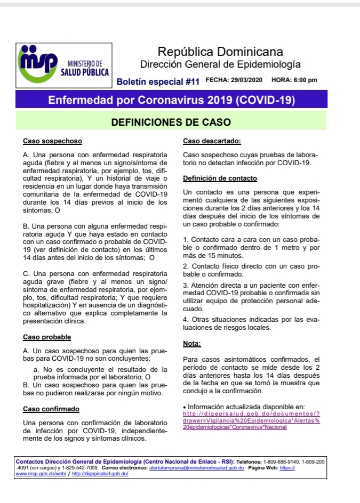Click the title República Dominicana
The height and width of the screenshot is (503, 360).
click(x=220, y=52)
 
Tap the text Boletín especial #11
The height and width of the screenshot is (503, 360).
click(x=158, y=82)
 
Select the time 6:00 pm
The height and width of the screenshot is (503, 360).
click(x=305, y=80)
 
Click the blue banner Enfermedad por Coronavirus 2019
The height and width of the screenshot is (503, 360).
click(x=171, y=100)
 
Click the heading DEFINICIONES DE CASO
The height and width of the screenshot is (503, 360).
click(x=171, y=122)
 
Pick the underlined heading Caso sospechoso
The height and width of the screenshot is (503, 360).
click(x=52, y=142)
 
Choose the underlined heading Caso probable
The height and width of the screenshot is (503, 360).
click(x=47, y=337)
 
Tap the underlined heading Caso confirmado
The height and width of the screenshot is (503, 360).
click(x=51, y=409)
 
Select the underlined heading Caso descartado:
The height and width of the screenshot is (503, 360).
click(x=212, y=142)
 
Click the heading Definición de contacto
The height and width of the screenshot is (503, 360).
click(x=220, y=178)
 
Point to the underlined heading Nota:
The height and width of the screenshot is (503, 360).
click(x=191, y=344)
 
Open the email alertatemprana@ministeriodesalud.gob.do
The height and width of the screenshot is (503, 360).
click(x=197, y=467)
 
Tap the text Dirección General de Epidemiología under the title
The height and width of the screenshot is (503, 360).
click(x=220, y=65)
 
